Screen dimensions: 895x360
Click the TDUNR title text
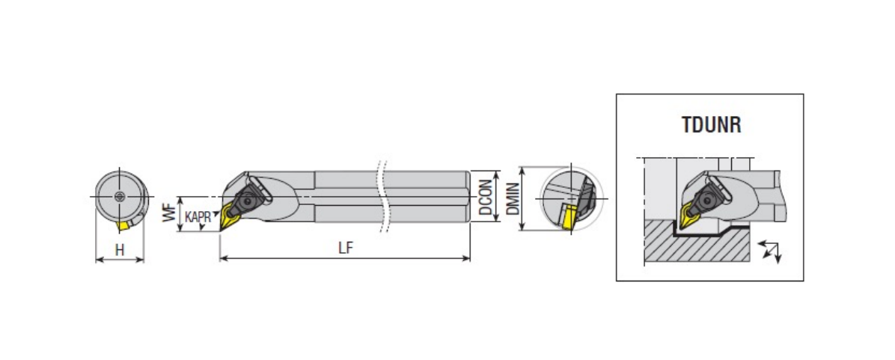coord(711,124)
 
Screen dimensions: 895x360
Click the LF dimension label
coord(345,248)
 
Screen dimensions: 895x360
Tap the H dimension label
coord(120,249)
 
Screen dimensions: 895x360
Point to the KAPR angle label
coord(198,217)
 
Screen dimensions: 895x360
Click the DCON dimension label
coord(485,198)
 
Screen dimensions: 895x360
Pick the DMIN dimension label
coord(513,199)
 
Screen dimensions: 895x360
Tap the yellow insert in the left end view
coord(123,225)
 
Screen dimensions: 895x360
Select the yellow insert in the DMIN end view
coord(568,219)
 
